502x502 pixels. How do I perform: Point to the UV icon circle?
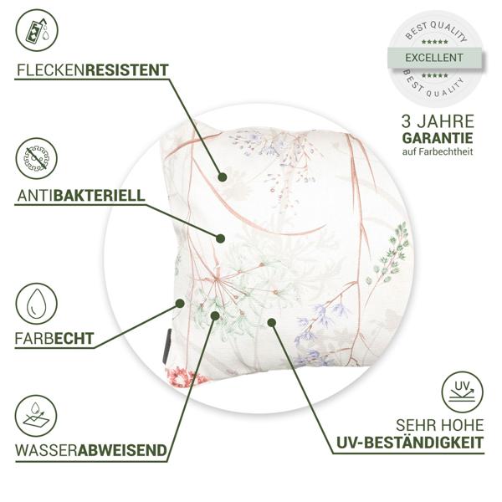coord(463,392)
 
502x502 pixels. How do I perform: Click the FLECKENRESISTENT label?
coord(92,69)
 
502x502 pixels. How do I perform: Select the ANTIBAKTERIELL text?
coord(80,196)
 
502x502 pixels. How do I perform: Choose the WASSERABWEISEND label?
coord(90,450)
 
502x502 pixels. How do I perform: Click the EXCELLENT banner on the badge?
coord(433,58)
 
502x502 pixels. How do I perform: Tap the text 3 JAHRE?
coord(438,119)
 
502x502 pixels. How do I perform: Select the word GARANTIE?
coord(438,137)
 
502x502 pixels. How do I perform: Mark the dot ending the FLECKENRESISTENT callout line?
coord(222,177)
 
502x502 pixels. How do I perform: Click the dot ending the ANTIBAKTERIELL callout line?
coord(220,238)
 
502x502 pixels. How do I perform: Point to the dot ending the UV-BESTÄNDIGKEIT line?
coord(271,320)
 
